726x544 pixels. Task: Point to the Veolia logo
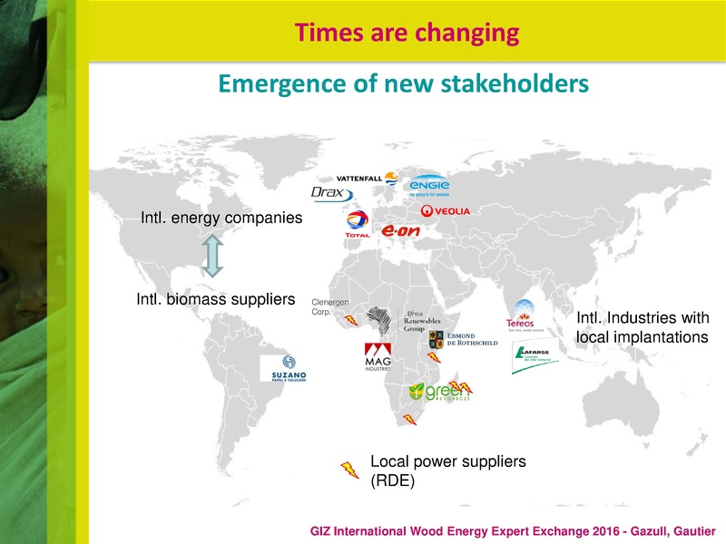point(446,211)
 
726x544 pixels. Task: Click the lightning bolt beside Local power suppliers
point(349,469)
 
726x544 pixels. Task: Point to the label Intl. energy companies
point(221,219)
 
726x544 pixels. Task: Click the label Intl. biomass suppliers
point(210,298)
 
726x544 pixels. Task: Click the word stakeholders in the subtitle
point(512,84)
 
